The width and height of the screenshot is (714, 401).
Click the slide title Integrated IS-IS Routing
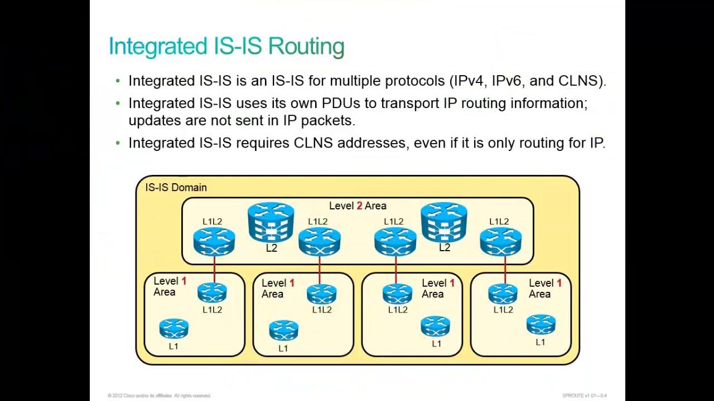(x=226, y=46)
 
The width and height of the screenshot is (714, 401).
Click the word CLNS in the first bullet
(x=581, y=81)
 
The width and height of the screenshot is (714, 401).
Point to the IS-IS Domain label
(x=176, y=188)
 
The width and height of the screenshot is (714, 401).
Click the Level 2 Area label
(x=358, y=206)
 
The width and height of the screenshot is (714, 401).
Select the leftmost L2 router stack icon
(x=271, y=222)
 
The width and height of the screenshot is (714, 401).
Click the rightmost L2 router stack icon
(x=444, y=222)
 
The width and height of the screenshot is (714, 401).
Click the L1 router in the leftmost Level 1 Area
(x=173, y=329)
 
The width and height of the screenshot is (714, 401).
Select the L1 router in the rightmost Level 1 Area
(x=541, y=325)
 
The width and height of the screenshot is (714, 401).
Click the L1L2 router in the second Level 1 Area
(x=321, y=294)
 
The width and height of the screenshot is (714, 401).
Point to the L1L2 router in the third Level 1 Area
(x=397, y=294)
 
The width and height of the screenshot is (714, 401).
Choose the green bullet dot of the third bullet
(x=118, y=144)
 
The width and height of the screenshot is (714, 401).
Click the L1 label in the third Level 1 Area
(x=436, y=344)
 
